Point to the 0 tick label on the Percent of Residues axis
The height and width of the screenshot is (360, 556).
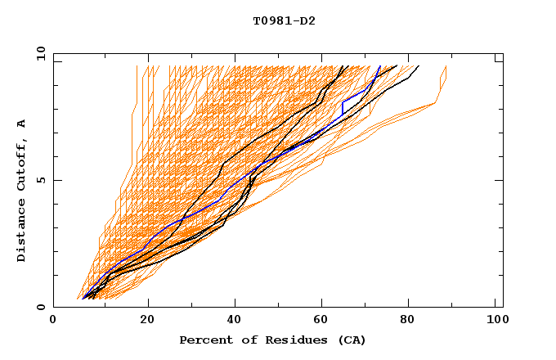pyautogui.click(x=53, y=321)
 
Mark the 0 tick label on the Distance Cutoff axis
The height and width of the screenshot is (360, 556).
pyautogui.click(x=41, y=307)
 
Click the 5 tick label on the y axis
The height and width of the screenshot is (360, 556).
pyautogui.click(x=41, y=180)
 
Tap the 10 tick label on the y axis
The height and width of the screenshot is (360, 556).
pyautogui.click(x=38, y=53)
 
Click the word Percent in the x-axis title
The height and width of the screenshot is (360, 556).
pyautogui.click(x=203, y=340)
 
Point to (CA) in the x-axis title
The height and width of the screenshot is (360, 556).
pyautogui.click(x=352, y=340)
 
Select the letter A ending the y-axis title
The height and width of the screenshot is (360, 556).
pyautogui.click(x=21, y=123)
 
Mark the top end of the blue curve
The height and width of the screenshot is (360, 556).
pyautogui.click(x=380, y=65)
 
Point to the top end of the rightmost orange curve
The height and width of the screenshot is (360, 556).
pyautogui.click(x=446, y=66)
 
